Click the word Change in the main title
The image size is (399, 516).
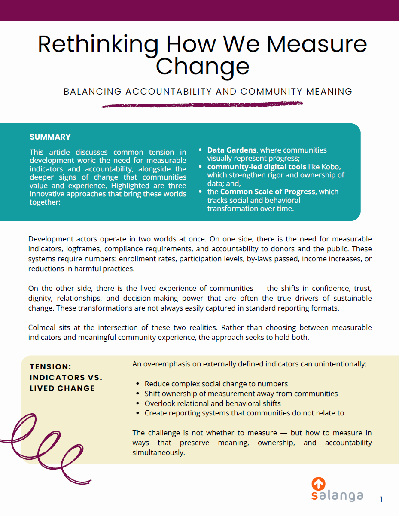202,66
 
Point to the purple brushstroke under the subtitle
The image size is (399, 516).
202,104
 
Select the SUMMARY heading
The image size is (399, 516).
50,137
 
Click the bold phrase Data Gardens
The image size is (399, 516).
232,150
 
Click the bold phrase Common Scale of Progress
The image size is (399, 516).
268,192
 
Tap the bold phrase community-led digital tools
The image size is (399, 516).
257,167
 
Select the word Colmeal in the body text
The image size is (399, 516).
43,327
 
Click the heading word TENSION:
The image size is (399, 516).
50,367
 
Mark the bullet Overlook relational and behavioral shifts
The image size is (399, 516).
213,403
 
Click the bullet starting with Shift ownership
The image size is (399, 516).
241,394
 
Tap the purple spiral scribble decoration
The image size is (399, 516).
43,447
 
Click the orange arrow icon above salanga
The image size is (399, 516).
318,484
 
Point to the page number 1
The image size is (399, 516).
381,499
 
